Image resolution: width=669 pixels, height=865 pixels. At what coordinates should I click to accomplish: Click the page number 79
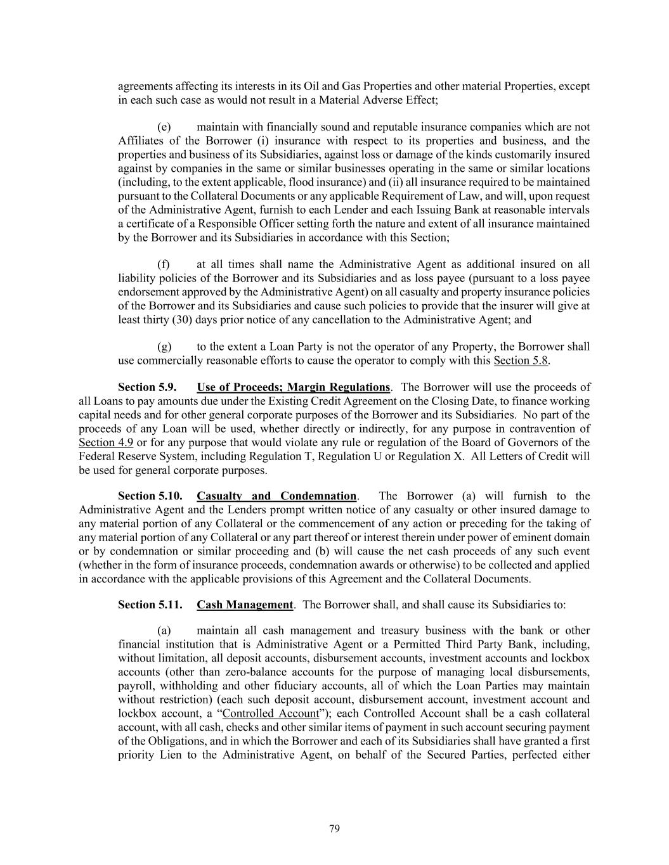(x=335, y=829)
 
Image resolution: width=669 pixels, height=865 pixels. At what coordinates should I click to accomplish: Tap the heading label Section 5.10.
(x=150, y=496)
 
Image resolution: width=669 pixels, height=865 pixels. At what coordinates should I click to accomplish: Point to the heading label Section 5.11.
(x=150, y=605)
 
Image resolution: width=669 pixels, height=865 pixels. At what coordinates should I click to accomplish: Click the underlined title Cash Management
(x=245, y=605)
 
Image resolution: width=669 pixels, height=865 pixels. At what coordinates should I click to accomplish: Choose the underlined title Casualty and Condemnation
(x=276, y=496)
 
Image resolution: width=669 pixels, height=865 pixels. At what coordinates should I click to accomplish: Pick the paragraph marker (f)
(x=163, y=264)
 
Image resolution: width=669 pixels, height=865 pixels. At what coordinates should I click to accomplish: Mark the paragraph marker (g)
(x=164, y=347)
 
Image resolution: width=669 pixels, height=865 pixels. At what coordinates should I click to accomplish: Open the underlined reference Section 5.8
(x=521, y=361)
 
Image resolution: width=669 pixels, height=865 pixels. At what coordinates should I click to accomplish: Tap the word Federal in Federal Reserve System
(x=96, y=457)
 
